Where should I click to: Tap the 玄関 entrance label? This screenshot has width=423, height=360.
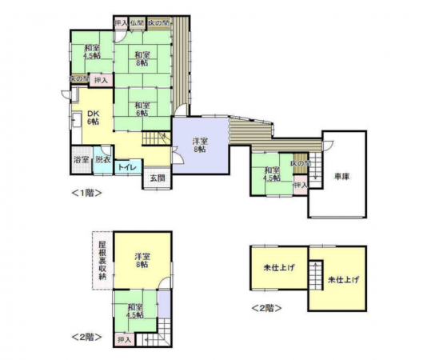click(157, 178)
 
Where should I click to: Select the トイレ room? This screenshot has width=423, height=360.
click(126, 166)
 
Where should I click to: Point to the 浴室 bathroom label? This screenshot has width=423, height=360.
click(81, 160)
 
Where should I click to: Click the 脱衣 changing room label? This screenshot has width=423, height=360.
click(103, 160)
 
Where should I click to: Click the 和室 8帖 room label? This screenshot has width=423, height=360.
click(142, 57)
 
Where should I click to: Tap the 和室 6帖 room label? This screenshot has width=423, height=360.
click(142, 110)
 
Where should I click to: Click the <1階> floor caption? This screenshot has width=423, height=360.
click(86, 193)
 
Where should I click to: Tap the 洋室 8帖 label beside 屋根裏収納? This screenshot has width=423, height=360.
click(142, 260)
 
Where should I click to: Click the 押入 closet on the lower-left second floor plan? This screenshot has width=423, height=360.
click(123, 340)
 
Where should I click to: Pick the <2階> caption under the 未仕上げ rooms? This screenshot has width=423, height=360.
click(267, 306)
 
